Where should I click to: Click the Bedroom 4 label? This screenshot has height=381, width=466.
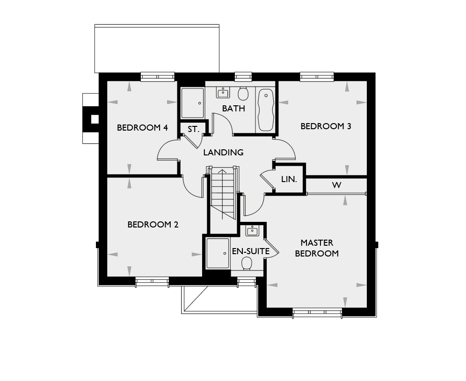142,128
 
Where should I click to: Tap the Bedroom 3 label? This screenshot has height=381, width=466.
326,126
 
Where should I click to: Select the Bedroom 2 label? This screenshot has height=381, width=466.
153,225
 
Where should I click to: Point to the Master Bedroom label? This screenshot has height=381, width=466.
317,248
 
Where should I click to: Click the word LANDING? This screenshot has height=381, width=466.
223,152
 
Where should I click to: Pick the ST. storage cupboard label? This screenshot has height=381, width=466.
193,129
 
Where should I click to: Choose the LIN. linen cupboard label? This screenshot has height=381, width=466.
289,179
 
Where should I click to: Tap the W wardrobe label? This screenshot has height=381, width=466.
336,185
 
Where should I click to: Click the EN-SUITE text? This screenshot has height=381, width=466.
250,251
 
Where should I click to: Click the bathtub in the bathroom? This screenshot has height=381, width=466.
266,110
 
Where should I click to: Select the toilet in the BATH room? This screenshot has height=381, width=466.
243,94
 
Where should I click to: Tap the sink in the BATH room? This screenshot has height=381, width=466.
223,93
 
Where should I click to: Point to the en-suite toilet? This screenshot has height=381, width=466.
247,264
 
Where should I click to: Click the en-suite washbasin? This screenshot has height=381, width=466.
252,231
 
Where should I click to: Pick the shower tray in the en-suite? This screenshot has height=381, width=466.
218,253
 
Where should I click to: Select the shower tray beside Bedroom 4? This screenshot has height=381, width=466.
193,103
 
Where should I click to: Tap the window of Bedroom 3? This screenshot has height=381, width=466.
317,77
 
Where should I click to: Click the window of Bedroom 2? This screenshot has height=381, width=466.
152,281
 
